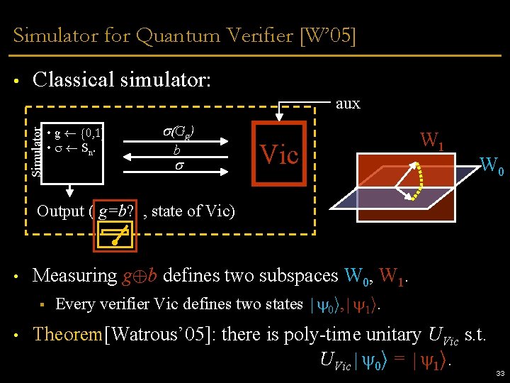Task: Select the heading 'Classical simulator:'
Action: click(122, 79)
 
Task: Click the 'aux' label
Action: click(348, 104)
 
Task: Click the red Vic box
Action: click(279, 154)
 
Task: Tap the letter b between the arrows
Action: click(177, 150)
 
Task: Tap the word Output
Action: click(60, 211)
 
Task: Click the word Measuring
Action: click(75, 274)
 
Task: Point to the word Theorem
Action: click(68, 334)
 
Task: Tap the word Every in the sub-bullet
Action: click(74, 304)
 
